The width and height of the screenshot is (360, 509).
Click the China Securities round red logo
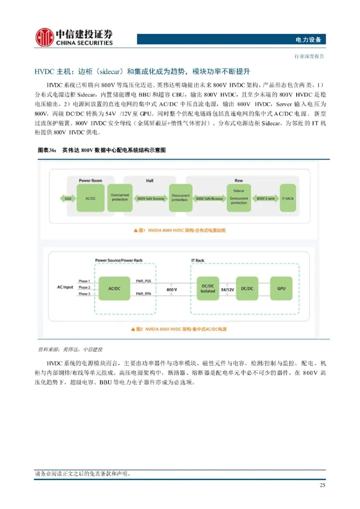point(44,37)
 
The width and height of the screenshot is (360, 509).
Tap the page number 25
point(322,485)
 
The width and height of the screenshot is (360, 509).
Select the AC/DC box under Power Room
point(90,198)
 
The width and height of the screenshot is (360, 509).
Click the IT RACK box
point(288,198)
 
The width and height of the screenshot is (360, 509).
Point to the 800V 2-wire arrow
point(266,199)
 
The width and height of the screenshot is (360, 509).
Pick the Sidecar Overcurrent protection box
point(239,198)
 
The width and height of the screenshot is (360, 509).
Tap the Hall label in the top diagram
point(150,181)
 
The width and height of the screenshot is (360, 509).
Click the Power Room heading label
point(90,181)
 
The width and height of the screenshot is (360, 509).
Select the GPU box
point(281,288)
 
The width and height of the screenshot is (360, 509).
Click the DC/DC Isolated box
point(208,288)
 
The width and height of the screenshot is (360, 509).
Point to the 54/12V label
point(227,290)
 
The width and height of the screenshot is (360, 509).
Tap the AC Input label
point(65,287)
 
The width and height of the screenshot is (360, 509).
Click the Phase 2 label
point(84,287)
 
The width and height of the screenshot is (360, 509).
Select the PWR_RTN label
point(143,294)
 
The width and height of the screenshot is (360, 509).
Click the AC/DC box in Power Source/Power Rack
point(114,288)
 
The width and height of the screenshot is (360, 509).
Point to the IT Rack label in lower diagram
point(198,260)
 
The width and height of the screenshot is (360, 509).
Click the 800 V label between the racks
point(172,290)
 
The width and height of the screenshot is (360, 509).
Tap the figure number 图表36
point(47,150)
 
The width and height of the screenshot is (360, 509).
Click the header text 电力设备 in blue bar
point(308,40)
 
